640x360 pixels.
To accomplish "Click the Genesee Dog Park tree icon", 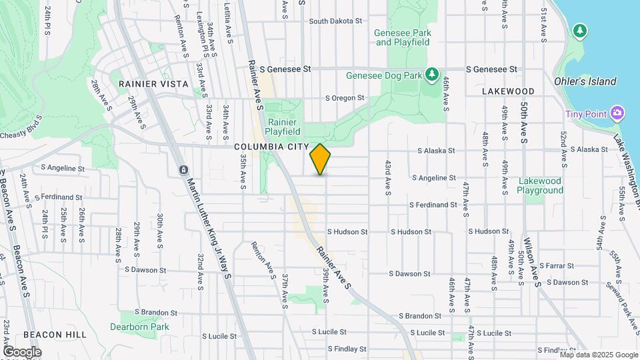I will click(x=432, y=73).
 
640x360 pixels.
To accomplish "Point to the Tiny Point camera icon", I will click(x=617, y=113).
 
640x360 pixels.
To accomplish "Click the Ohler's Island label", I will click(x=585, y=81).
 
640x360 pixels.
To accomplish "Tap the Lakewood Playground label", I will click(x=540, y=185).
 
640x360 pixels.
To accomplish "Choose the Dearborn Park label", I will click(x=140, y=327).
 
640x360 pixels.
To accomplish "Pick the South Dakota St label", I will click(x=335, y=21).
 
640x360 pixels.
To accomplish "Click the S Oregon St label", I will click(x=345, y=98).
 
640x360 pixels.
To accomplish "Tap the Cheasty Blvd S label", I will click(x=21, y=135).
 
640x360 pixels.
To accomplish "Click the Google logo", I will click(x=22, y=352).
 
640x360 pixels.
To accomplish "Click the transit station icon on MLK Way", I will click(x=183, y=170).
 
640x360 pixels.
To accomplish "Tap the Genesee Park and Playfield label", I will click(x=403, y=37).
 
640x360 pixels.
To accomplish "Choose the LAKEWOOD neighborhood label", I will click(x=509, y=91).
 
